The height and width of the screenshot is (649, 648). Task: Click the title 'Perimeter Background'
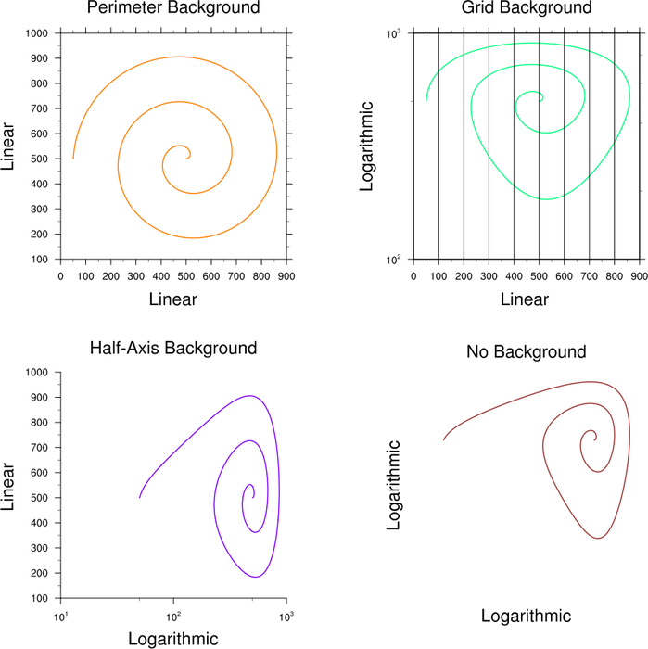point(172,8)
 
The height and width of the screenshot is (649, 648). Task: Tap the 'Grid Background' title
point(526,8)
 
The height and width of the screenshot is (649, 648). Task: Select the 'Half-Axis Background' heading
point(172,350)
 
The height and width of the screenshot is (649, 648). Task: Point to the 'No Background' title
point(526,352)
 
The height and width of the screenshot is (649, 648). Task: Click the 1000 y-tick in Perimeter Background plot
point(37,33)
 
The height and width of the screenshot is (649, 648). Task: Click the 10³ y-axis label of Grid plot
point(391,33)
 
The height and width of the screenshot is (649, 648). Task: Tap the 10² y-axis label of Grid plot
point(391,261)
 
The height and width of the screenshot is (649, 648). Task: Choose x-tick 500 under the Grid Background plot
point(540,275)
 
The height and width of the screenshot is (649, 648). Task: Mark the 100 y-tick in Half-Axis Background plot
point(40,599)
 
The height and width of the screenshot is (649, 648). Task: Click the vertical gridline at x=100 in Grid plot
point(438,148)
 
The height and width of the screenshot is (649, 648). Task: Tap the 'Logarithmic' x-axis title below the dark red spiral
point(526,617)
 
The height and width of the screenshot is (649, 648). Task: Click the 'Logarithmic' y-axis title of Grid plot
point(367,146)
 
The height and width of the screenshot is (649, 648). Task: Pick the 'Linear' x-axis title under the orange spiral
point(172,299)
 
